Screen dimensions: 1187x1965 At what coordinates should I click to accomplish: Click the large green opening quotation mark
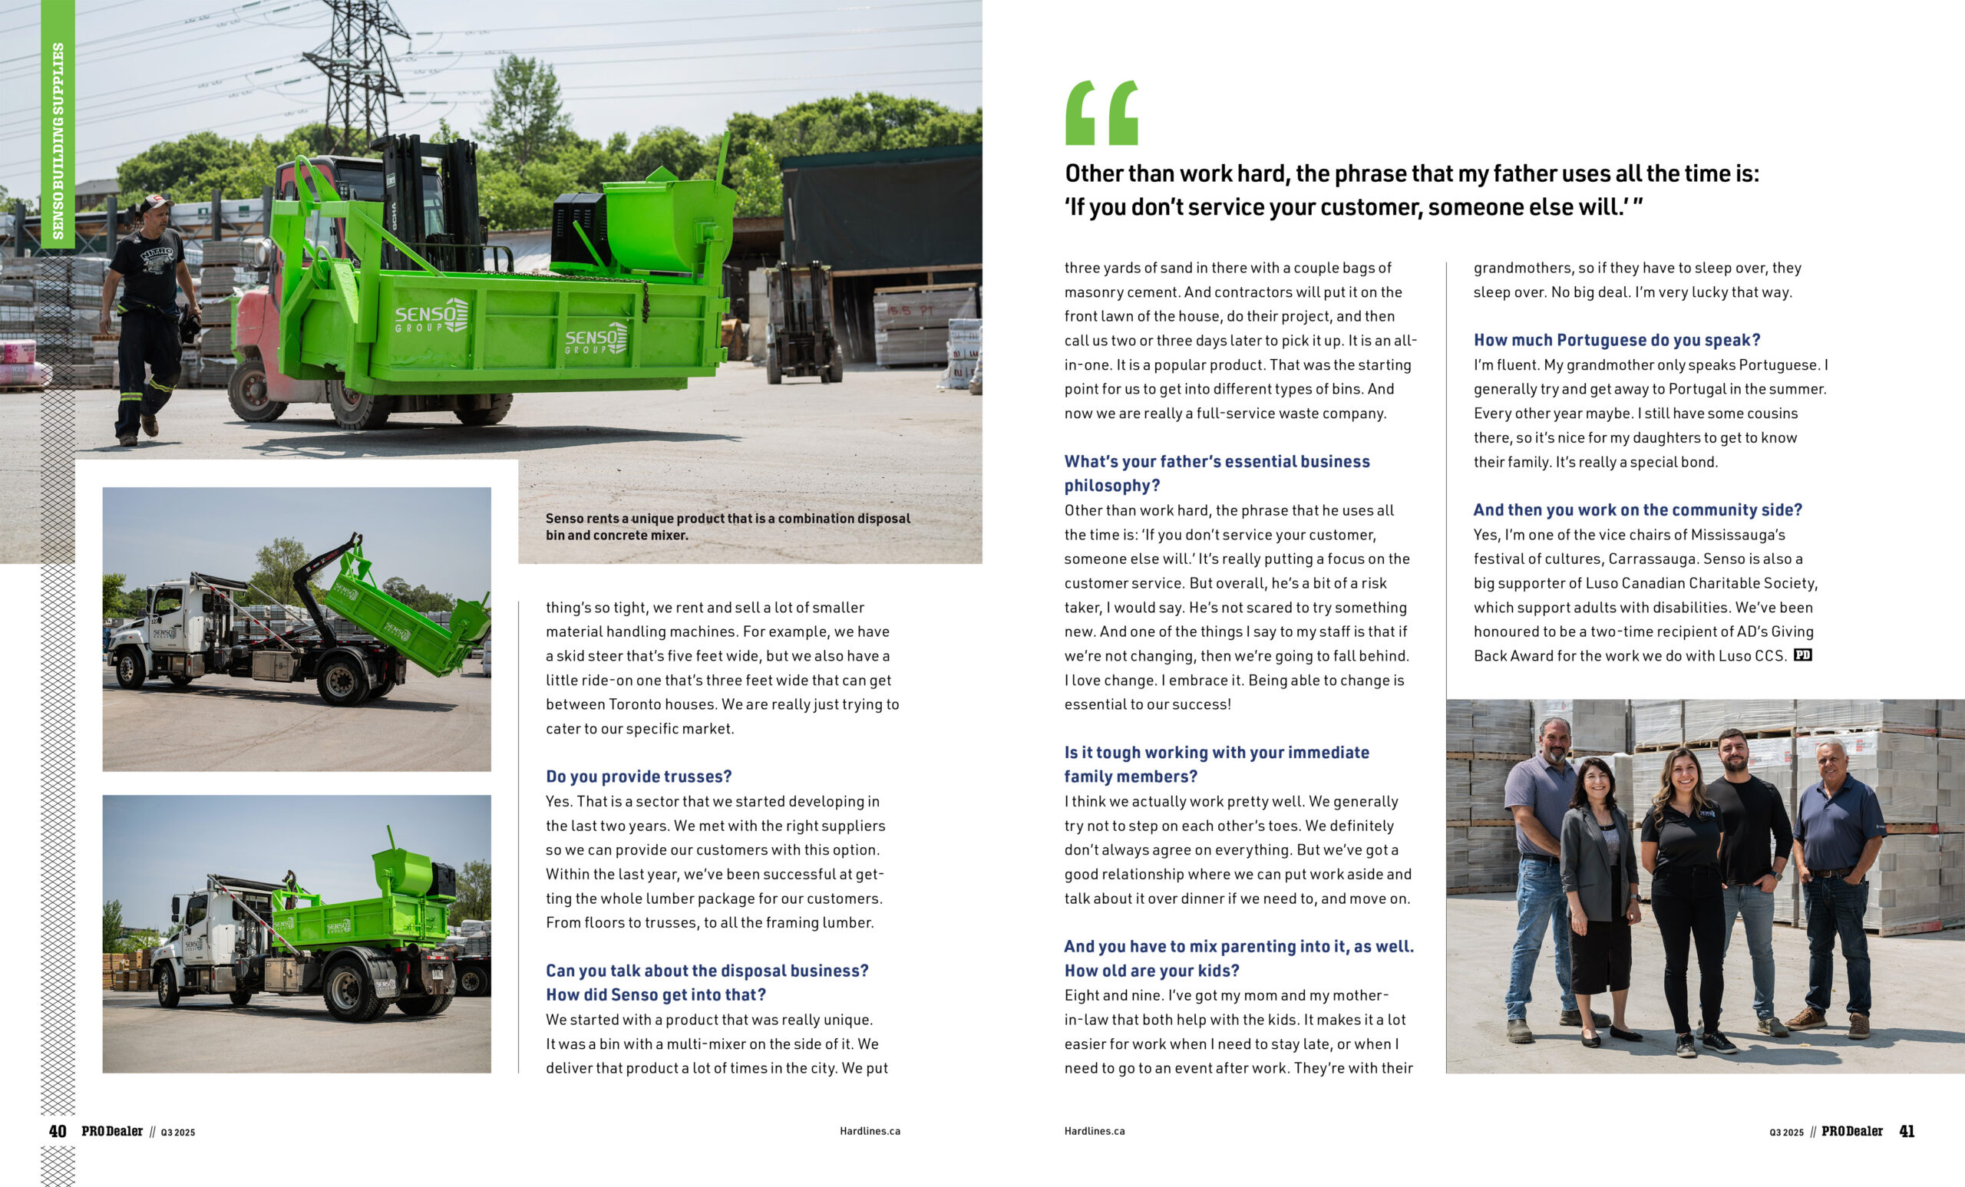point(1101,114)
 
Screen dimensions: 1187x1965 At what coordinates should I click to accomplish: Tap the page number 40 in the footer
point(58,1131)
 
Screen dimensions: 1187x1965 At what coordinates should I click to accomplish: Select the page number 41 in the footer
point(1906,1131)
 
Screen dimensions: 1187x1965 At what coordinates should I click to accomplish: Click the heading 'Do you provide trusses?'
point(639,776)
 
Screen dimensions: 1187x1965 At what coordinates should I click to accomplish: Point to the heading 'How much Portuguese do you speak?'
point(1617,341)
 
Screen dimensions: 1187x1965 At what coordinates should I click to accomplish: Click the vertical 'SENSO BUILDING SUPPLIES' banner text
point(58,141)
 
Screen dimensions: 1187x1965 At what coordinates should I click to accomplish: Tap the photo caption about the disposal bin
point(728,527)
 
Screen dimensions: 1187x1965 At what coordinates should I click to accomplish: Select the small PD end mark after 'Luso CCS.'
point(1802,655)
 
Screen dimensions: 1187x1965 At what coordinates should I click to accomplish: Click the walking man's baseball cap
point(156,203)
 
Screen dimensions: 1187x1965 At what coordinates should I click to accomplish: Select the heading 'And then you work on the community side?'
point(1637,510)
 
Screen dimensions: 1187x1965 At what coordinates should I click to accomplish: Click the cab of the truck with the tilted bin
point(167,614)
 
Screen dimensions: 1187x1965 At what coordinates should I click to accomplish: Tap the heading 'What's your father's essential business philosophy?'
point(1217,473)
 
